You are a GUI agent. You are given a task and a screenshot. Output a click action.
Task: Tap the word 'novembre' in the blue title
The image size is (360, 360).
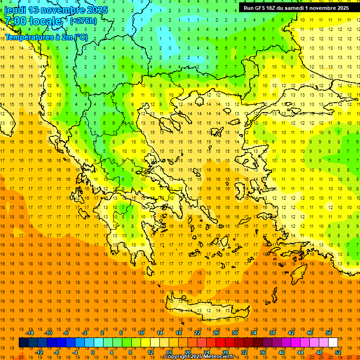(x=60, y=10)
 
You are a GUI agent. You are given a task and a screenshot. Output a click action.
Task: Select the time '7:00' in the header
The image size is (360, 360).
(x=15, y=21)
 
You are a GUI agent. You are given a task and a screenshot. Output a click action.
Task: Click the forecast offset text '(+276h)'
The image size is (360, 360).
(x=83, y=21)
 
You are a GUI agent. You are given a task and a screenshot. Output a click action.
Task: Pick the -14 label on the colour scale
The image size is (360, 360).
(x=30, y=333)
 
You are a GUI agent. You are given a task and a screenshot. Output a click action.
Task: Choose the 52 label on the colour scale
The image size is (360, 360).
(x=338, y=352)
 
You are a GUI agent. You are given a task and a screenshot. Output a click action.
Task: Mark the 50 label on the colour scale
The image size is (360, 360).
(x=329, y=333)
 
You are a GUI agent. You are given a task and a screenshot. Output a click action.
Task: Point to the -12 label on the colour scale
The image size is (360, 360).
(x=39, y=352)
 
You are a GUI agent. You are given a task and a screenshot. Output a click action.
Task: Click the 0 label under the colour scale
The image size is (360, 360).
(x=93, y=352)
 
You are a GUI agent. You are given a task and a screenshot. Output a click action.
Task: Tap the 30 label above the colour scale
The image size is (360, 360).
(x=235, y=333)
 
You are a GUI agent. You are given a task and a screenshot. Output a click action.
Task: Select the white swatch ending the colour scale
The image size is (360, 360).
(x=333, y=343)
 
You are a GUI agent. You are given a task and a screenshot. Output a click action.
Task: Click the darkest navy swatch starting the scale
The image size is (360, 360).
(x=23, y=343)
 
